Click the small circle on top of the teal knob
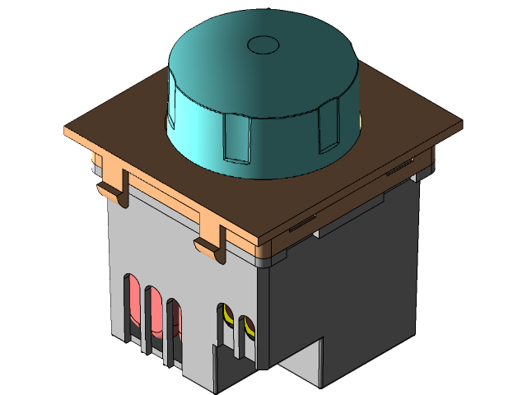[264, 44]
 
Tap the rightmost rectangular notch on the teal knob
[329, 127]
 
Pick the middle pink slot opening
[154, 315]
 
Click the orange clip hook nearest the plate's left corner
[112, 190]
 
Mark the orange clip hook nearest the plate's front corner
[210, 247]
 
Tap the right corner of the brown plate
[459, 123]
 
